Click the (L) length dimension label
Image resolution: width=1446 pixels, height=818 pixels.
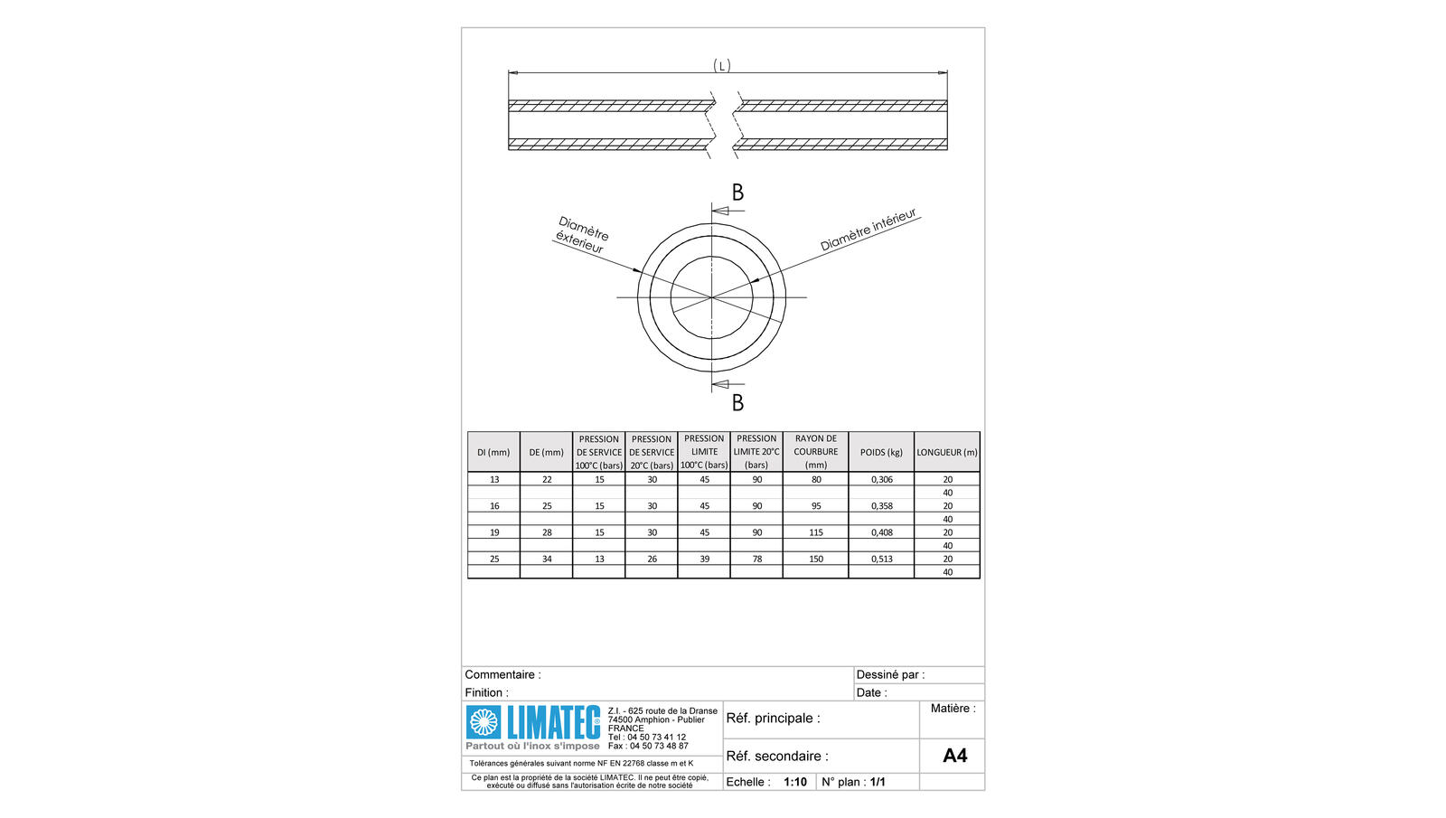[722, 66]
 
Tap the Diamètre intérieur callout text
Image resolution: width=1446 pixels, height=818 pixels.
[869, 230]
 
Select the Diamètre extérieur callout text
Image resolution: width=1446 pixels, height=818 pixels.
[582, 235]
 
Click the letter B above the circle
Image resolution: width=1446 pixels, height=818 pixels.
[737, 193]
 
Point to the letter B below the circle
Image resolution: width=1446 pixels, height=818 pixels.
[737, 403]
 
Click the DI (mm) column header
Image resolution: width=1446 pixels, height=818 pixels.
[493, 452]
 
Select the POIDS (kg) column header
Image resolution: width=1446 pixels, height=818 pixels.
[881, 452]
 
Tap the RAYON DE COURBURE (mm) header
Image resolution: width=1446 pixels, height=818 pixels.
[816, 451]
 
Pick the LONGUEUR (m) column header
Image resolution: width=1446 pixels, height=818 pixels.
[947, 452]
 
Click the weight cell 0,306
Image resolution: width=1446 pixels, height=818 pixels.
[882, 479]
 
